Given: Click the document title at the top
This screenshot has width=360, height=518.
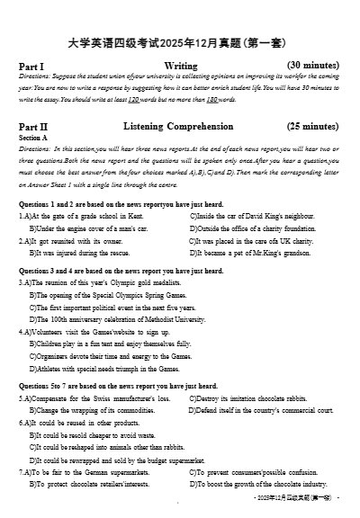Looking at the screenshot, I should tap(180, 41).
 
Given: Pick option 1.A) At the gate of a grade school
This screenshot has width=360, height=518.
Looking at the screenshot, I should tap(81, 217).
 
